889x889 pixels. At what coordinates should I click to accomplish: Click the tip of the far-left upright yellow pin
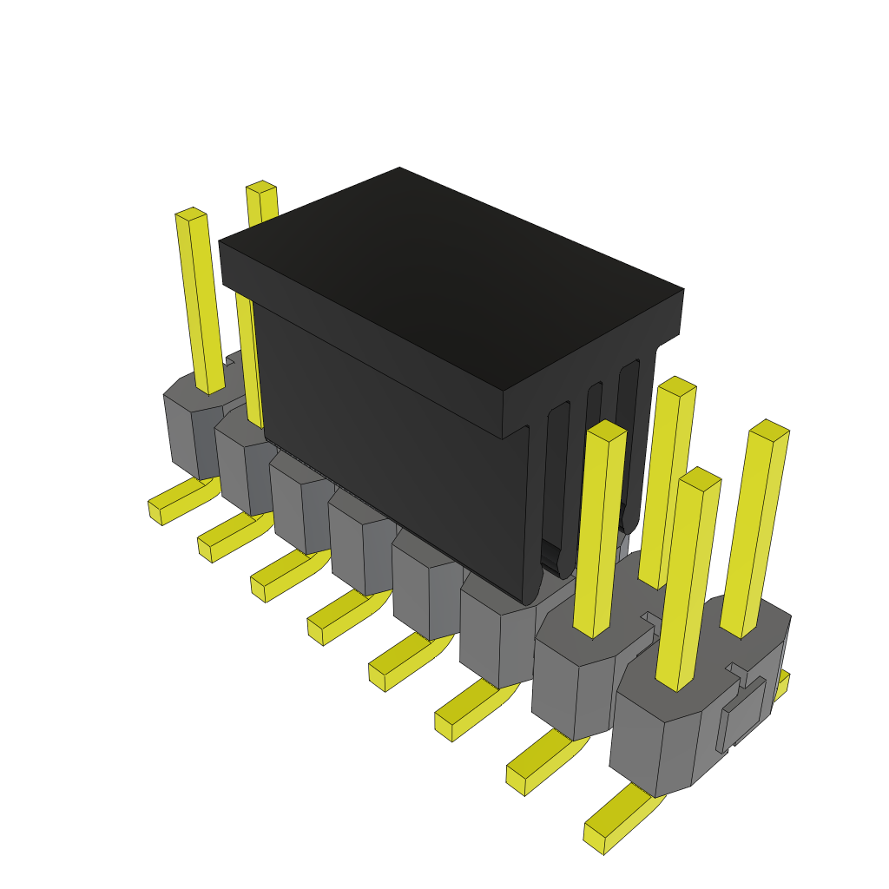click(190, 214)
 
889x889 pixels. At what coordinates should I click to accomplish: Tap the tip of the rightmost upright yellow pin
click(769, 430)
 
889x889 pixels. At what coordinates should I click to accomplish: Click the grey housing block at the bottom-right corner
click(660, 738)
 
